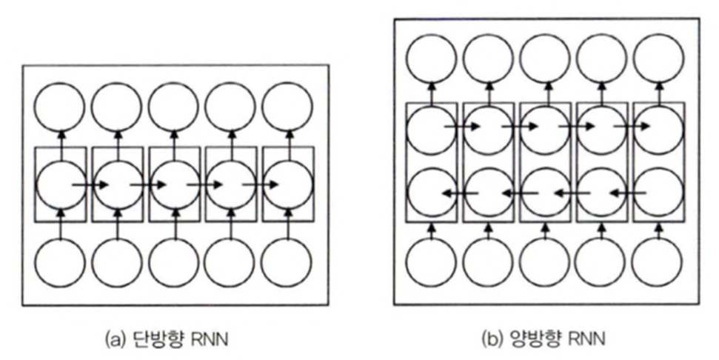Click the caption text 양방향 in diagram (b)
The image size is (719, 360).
click(x=535, y=340)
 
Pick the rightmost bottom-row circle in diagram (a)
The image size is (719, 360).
click(x=288, y=263)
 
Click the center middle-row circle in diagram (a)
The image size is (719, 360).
click(x=175, y=184)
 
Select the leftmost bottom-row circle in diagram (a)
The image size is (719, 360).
click(x=61, y=263)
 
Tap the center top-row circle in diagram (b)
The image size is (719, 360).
click(x=545, y=59)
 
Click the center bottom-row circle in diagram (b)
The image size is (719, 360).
click(x=545, y=263)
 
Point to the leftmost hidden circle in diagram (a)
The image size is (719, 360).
click(x=61, y=184)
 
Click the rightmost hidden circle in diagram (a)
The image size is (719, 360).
click(x=288, y=184)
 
